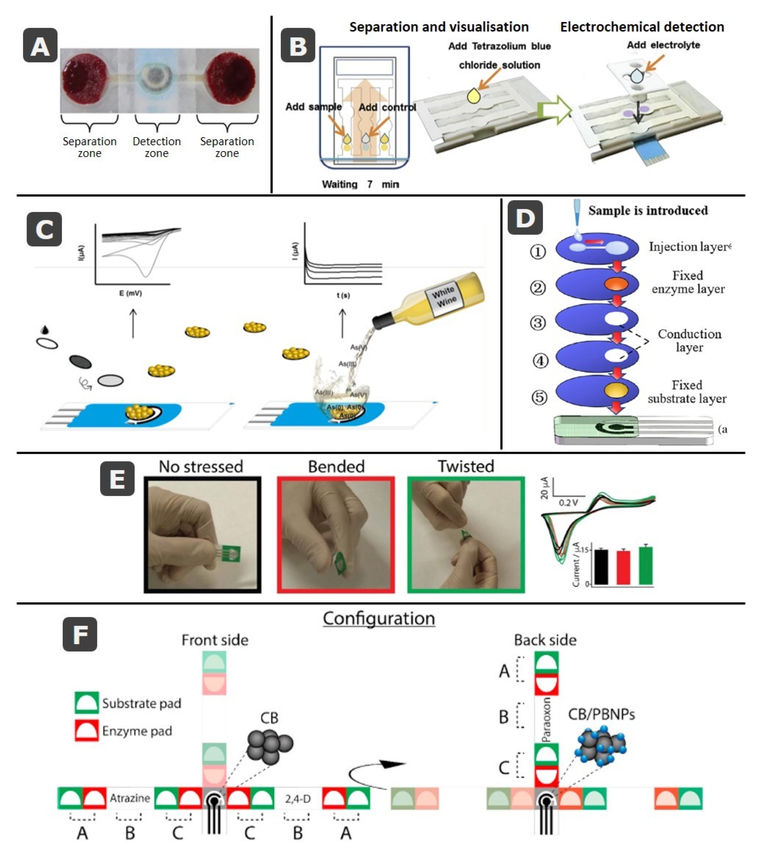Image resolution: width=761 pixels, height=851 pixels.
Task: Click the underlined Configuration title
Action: click(379, 618)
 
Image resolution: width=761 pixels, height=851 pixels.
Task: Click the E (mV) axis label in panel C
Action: click(130, 293)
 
